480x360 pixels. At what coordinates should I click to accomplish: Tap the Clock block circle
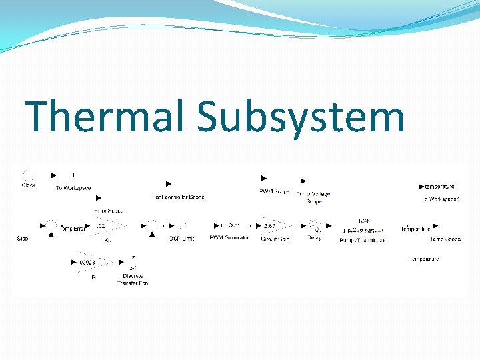pos(29,175)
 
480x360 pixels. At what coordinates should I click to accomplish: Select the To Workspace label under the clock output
pos(73,188)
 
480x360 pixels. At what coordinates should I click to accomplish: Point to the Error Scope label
pos(109,211)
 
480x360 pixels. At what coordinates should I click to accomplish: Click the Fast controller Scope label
pos(178,197)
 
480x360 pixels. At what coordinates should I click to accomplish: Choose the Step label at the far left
pos(23,238)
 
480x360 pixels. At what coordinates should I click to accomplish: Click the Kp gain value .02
pos(100,227)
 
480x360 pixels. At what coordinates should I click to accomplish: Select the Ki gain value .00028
pos(87,263)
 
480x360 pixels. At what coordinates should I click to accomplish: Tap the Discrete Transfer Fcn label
pos(133,279)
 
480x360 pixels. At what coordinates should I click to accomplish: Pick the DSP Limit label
pos(182,238)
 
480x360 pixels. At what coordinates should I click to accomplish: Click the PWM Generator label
pos(229,238)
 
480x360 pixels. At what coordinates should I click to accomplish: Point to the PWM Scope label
pos(274,192)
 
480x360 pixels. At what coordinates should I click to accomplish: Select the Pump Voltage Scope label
pos(313,197)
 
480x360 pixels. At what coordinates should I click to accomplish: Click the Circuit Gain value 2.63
pos(270,227)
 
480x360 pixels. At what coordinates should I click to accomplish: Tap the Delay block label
pos(314,238)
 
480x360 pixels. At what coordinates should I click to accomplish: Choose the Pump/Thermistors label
pos(362,239)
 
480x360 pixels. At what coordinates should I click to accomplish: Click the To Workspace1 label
pos(441,199)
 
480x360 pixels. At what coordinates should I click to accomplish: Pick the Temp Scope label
pos(445,239)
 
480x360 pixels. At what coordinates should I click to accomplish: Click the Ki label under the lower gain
pos(93,277)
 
